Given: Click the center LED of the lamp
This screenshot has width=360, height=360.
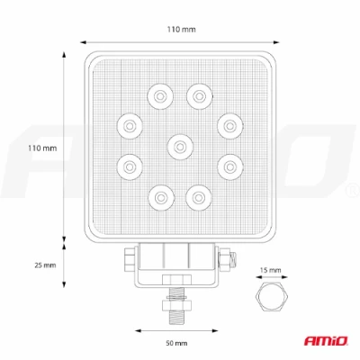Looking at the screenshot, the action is click(x=180, y=147).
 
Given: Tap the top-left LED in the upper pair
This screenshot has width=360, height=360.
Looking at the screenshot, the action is click(x=160, y=96).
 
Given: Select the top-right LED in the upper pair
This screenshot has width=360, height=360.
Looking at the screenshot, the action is click(x=200, y=96).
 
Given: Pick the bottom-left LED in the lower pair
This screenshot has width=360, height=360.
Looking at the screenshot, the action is click(x=161, y=198).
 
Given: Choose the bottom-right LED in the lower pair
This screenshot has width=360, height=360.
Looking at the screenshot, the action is click(x=198, y=198).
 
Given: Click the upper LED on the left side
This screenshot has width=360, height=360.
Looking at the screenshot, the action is click(x=130, y=126).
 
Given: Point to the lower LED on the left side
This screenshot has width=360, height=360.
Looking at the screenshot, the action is click(x=130, y=166).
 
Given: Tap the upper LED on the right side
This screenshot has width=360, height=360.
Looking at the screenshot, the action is click(x=230, y=126).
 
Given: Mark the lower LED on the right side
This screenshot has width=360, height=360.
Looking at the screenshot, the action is click(x=230, y=166).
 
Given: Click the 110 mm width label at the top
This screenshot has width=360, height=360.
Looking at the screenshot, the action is click(x=182, y=30).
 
